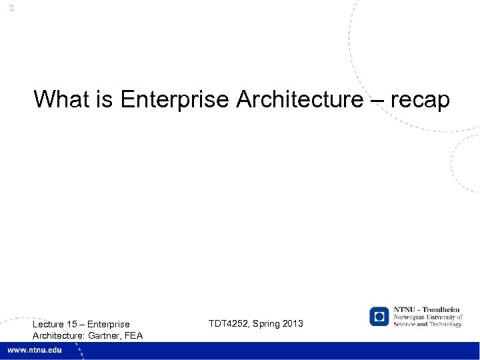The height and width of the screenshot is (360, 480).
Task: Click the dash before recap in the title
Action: pyautogui.click(x=375, y=99)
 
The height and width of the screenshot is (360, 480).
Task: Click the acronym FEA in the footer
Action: pyautogui.click(x=133, y=335)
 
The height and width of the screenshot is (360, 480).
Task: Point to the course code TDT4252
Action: pyautogui.click(x=230, y=323)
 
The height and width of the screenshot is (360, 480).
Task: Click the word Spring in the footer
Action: pyautogui.click(x=264, y=323)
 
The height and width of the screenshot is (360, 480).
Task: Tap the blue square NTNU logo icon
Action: pyautogui.click(x=379, y=316)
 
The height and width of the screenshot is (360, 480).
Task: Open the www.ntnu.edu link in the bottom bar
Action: pyautogui.click(x=34, y=351)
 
